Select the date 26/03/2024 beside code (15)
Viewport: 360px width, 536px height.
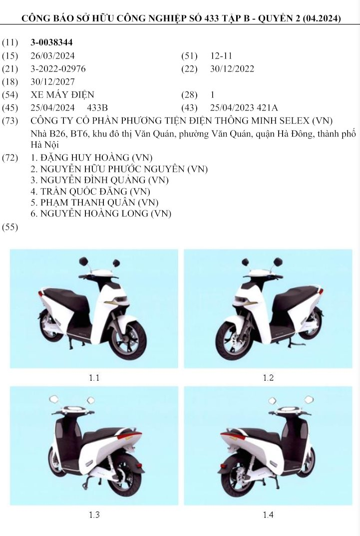pyautogui.click(x=52, y=56)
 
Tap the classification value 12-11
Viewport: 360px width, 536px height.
pyautogui.click(x=221, y=56)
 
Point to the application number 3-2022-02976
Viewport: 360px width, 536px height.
pyautogui.click(x=60, y=69)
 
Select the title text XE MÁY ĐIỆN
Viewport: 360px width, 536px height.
pyautogui.click(x=62, y=94)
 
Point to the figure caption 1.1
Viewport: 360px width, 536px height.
pyautogui.click(x=94, y=378)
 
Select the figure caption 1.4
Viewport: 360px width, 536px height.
pyautogui.click(x=268, y=515)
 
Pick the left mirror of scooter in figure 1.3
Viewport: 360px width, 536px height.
pyautogui.click(x=54, y=399)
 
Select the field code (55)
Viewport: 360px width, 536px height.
pyautogui.click(x=10, y=227)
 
